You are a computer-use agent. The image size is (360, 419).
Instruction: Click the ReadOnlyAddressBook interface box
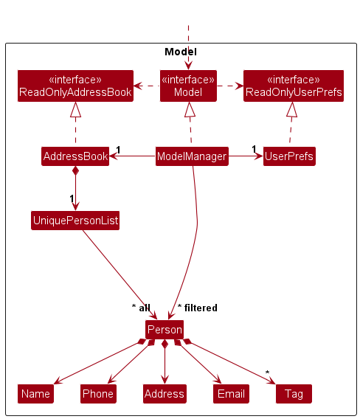pyautogui.click(x=75, y=86)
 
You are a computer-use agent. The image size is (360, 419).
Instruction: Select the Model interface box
pyautogui.click(x=188, y=86)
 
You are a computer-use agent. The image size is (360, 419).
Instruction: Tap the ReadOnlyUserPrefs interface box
pyautogui.click(x=293, y=86)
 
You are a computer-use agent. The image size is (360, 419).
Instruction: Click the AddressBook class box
pyautogui.click(x=75, y=156)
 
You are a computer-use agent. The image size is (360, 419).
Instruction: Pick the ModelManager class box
pyautogui.click(x=191, y=156)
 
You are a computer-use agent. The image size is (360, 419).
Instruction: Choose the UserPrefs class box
pyautogui.click(x=289, y=156)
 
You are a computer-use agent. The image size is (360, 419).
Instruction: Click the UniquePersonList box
pyautogui.click(x=75, y=220)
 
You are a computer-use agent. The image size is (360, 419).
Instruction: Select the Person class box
pyautogui.click(x=164, y=330)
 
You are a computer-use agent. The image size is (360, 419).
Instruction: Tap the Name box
pyautogui.click(x=35, y=394)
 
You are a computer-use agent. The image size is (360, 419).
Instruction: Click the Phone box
pyautogui.click(x=98, y=394)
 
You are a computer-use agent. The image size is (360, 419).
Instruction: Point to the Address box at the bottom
pyautogui.click(x=164, y=394)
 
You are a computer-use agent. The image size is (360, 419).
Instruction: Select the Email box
pyautogui.click(x=231, y=394)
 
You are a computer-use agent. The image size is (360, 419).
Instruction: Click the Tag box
pyautogui.click(x=294, y=394)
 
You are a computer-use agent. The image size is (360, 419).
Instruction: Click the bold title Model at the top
pyautogui.click(x=180, y=52)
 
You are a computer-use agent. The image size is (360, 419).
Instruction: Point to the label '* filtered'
pyautogui.click(x=198, y=308)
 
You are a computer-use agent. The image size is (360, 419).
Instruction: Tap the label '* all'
pyautogui.click(x=140, y=308)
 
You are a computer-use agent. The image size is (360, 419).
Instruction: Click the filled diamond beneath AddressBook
pyautogui.click(x=75, y=171)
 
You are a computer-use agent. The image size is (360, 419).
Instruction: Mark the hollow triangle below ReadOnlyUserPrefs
pyautogui.click(x=292, y=110)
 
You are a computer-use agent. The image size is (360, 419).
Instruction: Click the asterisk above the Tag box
pyautogui.click(x=268, y=372)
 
